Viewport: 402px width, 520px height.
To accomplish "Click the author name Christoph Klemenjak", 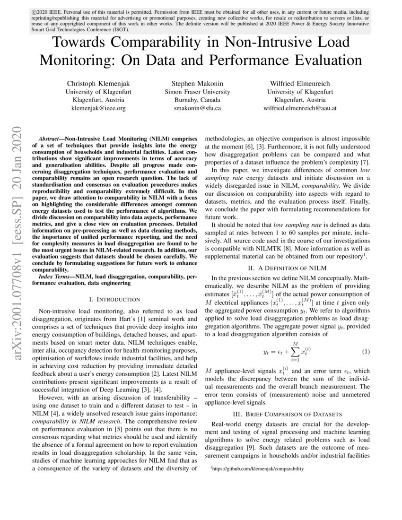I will tap(98, 83).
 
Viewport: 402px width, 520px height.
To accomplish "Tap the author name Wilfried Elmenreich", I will tap(300, 83).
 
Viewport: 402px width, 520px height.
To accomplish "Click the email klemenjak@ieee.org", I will tap(98, 108).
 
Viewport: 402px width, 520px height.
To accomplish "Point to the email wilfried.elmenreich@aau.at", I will tap(300, 108).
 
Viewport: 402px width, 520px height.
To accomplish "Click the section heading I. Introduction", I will tap(114, 299).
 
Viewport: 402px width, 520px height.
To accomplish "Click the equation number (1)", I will tap(366, 352).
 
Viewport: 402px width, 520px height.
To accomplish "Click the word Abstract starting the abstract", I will tap(48, 140).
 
